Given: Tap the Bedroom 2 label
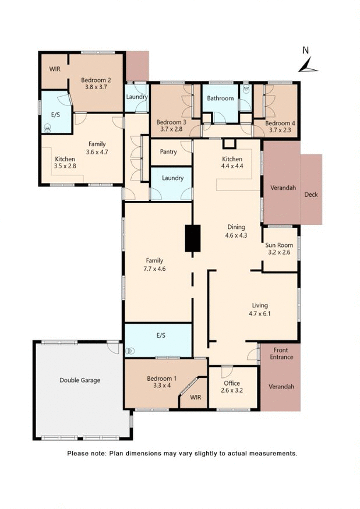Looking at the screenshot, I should click(96, 80).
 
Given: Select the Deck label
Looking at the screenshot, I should click(311, 195).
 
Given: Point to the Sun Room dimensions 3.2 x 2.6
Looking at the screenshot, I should click(280, 253).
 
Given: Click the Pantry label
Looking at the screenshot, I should click(169, 152).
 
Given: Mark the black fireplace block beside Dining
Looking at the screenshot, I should click(192, 238).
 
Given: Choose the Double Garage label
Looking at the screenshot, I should click(80, 380).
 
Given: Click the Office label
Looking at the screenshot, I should click(232, 383).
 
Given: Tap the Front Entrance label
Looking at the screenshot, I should click(281, 354).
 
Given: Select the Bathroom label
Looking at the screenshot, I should click(220, 98).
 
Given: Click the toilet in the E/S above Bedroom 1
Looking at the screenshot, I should click(130, 351).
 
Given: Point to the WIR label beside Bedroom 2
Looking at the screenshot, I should click(55, 69).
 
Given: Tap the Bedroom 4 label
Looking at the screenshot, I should click(280, 123).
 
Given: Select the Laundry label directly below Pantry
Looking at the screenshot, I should click(172, 178).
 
